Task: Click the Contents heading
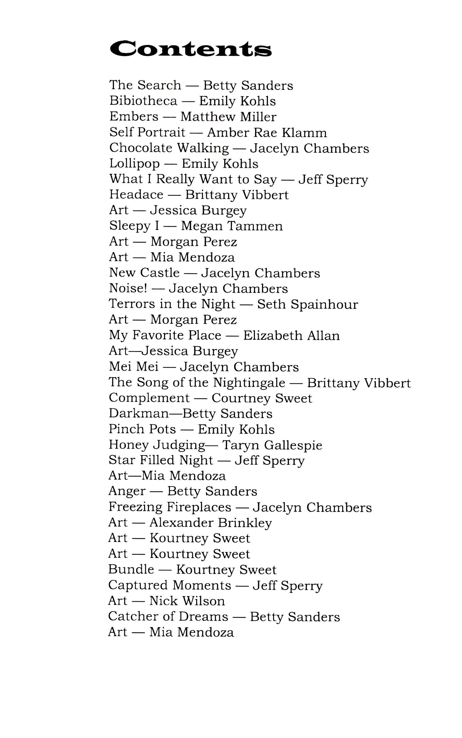pos(190,49)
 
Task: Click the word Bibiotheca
pos(143,101)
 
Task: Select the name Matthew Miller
pos(228,117)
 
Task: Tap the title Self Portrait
pos(147,132)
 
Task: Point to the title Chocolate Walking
pos(169,148)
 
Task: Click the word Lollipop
pos(135,164)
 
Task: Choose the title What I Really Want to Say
pos(193,179)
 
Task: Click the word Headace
pos(136,195)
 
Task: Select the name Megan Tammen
pos(232,226)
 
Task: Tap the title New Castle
pos(144,273)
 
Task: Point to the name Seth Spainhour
pos(308,304)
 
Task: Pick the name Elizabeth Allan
pos(291,335)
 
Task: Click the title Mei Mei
pos(133,367)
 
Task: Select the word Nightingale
pos(249,383)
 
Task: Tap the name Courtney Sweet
pos(262,398)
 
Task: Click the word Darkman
pos(139,414)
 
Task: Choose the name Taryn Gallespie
pos(272,445)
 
